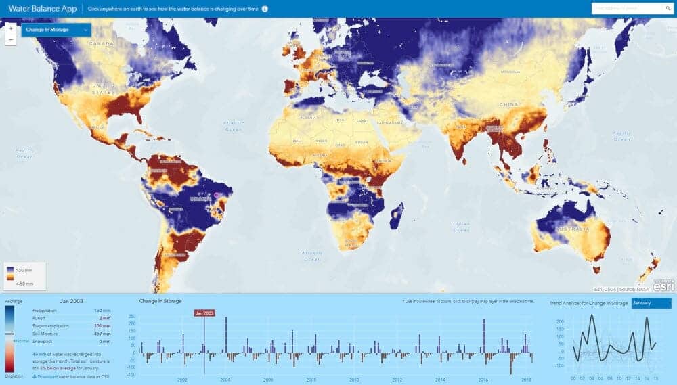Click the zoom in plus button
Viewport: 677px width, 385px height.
tap(11, 29)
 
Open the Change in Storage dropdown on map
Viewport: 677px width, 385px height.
tap(56, 30)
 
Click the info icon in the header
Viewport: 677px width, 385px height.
tap(265, 9)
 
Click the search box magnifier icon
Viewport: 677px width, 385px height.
tap(667, 9)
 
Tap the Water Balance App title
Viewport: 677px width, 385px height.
tap(43, 9)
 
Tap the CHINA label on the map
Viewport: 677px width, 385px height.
tap(508, 105)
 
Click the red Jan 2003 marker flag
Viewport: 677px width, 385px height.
tap(204, 313)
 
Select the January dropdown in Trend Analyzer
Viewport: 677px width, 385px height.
tap(651, 303)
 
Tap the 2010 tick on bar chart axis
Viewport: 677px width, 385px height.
tap(354, 380)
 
